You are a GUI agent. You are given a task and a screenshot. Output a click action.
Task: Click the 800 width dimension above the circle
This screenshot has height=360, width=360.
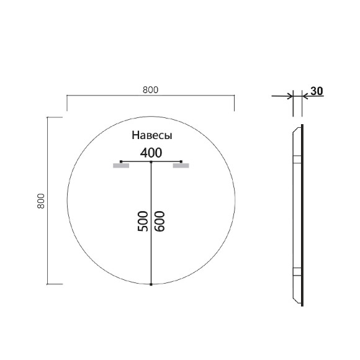150,89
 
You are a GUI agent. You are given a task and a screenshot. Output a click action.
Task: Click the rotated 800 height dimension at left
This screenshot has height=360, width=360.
41,200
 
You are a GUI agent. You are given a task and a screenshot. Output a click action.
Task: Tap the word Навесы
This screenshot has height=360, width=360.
151,135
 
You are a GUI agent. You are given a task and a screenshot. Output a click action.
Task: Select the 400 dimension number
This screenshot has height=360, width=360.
151,152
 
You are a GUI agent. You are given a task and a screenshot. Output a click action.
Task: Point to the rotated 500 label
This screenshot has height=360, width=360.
142,222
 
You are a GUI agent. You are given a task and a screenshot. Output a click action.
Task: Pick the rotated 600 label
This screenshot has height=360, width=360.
160,222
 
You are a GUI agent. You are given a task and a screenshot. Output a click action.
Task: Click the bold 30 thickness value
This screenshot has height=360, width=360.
317,91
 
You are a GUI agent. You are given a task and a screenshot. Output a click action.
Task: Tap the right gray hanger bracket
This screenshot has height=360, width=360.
181,166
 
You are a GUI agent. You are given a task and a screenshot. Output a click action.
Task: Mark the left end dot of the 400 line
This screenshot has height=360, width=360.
121,162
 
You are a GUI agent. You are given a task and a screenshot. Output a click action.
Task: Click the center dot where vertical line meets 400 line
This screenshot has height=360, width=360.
151,162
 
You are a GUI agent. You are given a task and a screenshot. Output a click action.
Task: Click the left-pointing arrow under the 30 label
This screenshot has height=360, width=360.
305,96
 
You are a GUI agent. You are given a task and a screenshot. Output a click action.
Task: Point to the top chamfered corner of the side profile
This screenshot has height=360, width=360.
297,128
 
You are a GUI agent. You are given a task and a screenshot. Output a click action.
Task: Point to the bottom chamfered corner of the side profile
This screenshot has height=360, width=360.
297,300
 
